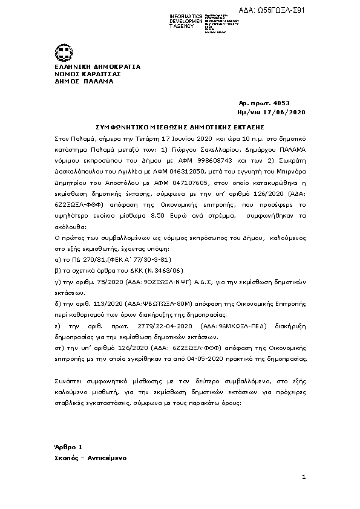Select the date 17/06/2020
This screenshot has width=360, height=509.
[290, 112]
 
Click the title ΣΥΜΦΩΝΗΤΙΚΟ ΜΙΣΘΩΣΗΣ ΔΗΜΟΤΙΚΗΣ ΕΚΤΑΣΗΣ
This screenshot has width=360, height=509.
[181, 128]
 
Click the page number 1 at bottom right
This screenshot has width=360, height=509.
[304, 477]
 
